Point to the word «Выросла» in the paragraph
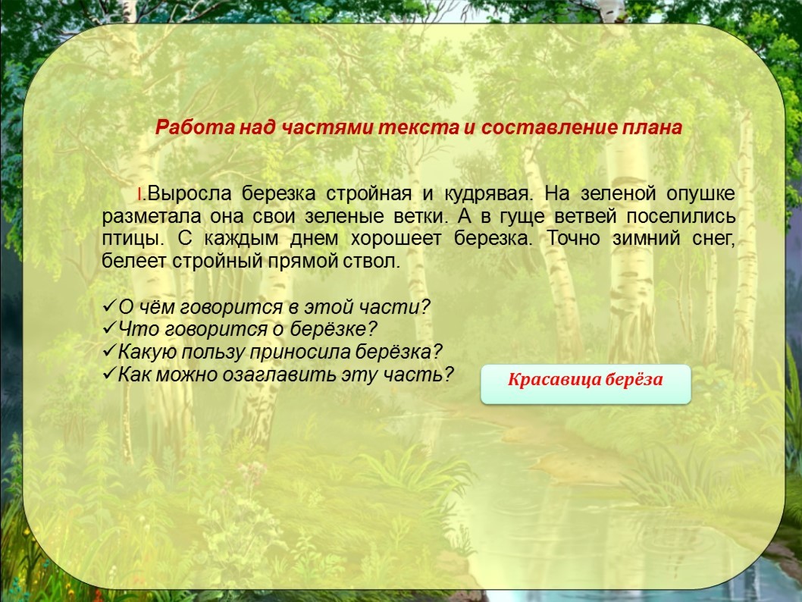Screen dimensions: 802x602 190,194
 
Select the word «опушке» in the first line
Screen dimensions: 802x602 700,194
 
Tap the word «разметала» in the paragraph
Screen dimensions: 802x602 152,217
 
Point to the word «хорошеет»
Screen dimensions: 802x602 396,239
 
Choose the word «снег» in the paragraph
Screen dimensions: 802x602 713,239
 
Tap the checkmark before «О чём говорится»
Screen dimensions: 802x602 109,306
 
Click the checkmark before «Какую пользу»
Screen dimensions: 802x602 109,351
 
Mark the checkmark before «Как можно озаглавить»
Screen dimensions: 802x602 109,374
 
